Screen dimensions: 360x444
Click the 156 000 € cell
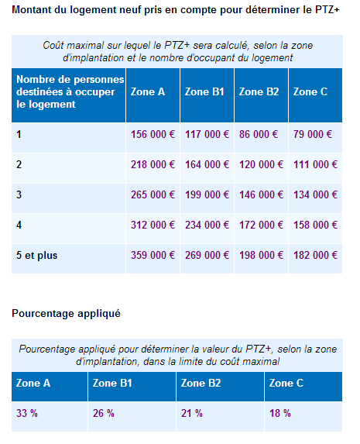tap(153, 134)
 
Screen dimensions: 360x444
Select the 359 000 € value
tap(153, 255)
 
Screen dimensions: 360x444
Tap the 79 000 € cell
tap(313, 134)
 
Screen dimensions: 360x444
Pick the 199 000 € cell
tap(207, 194)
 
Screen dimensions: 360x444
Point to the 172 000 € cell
tap(261, 225)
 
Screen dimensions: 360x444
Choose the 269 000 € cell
tap(207, 255)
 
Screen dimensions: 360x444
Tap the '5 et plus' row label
tap(37, 255)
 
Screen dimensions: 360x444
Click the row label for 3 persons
tap(19, 194)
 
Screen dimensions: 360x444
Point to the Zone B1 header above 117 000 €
tap(204, 92)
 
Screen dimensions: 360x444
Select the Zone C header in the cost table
tap(310, 92)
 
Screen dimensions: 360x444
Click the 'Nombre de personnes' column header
tap(65, 92)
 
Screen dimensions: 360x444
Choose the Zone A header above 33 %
tap(33, 384)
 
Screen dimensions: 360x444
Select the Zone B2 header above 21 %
tap(201, 384)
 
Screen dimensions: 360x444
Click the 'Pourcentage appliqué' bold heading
tap(66, 314)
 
